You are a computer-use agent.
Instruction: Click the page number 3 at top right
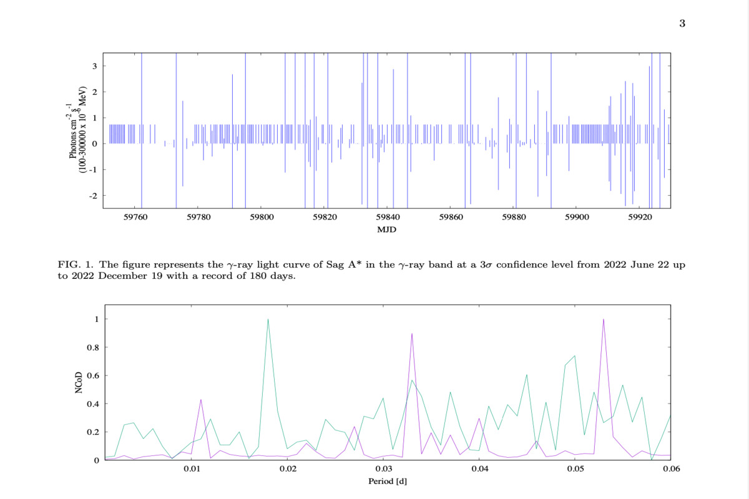[682, 24]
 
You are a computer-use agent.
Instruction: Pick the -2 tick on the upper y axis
[92, 196]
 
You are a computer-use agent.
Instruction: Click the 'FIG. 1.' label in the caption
[74, 265]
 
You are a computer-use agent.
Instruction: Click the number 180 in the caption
[252, 277]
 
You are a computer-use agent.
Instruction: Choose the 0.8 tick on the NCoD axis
[92, 347]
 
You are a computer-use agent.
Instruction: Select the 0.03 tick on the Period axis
[383, 468]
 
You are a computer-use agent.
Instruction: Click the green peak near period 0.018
[268, 319]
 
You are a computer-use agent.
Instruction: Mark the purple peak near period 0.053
[604, 319]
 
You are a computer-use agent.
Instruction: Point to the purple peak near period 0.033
[412, 334]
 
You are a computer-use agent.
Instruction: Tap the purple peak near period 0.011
[201, 400]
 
